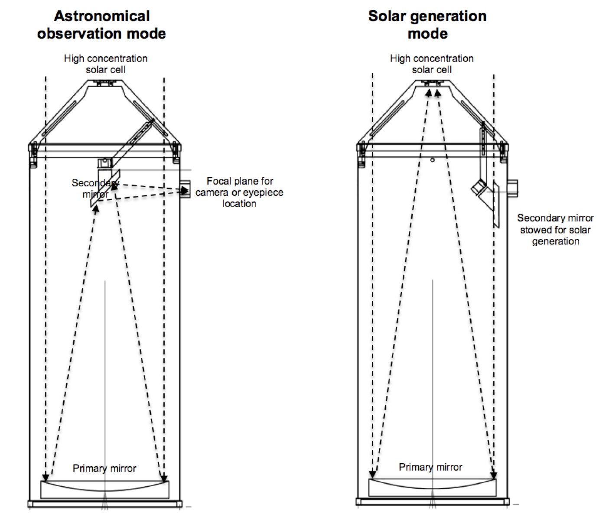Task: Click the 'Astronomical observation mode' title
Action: [x=101, y=25]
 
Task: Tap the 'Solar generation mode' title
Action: [x=427, y=25]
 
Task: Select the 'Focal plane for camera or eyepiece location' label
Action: [x=239, y=192]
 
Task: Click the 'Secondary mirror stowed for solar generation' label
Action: [x=555, y=229]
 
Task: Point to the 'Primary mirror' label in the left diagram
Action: [x=104, y=468]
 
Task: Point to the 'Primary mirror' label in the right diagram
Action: [x=430, y=467]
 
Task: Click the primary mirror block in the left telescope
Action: [x=104, y=490]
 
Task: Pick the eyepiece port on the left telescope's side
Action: [x=186, y=190]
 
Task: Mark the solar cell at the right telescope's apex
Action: [x=433, y=82]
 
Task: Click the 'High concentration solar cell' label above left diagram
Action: [x=105, y=64]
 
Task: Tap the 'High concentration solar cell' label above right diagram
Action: [x=432, y=64]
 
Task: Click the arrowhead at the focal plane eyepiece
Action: [x=185, y=190]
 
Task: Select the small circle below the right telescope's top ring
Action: [x=432, y=160]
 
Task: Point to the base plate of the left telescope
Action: [x=105, y=504]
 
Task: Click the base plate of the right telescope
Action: [x=432, y=502]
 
